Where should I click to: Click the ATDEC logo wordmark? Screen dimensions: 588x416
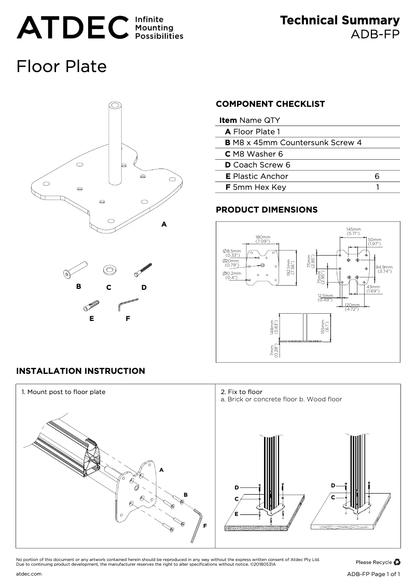tap(72, 27)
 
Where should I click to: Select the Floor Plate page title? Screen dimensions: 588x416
tap(61, 66)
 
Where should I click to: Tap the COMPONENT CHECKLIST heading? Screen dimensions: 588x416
tap(270, 104)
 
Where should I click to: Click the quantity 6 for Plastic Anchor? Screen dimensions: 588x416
tap(377, 176)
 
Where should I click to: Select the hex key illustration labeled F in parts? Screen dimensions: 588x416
tap(127, 304)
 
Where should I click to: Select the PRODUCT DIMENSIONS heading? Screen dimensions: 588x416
tap(267, 210)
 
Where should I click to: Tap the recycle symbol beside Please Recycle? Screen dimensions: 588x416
tap(397, 562)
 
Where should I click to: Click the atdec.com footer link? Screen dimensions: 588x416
tap(29, 574)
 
